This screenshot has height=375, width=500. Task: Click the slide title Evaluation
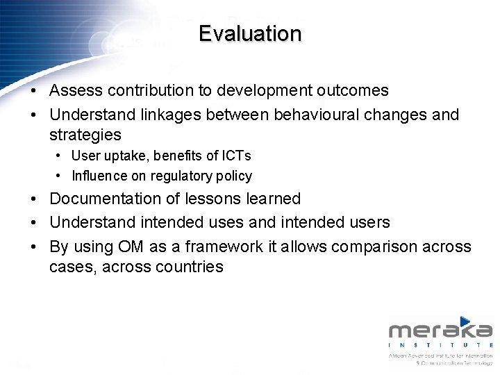point(250,33)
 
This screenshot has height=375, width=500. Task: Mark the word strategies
point(85,135)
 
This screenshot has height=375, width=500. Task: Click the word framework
point(208,247)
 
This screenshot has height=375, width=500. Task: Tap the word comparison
point(376,247)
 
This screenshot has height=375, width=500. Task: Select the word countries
point(185,267)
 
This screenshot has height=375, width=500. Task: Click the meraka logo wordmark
point(440,331)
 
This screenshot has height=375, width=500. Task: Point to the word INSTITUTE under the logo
point(440,345)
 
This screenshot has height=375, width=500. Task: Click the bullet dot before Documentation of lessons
point(33,199)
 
